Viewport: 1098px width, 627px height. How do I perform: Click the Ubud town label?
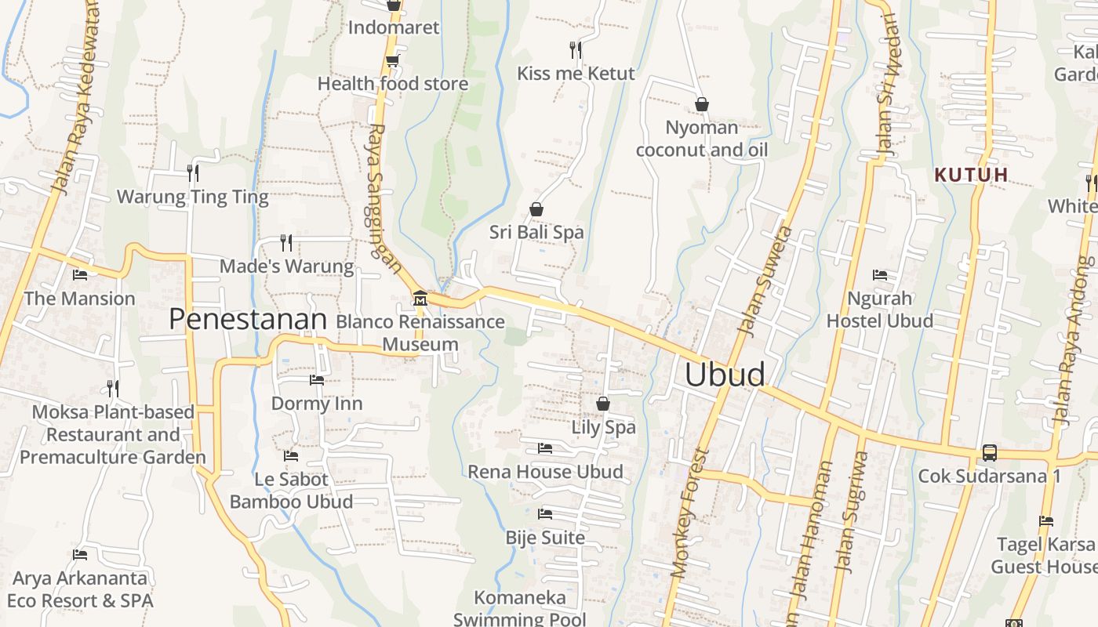[724, 375]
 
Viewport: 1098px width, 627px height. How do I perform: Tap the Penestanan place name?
[247, 320]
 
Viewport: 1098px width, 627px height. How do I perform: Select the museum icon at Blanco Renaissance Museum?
[420, 299]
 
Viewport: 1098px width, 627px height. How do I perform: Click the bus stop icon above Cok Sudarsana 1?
[989, 453]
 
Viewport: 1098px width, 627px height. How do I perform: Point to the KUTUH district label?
[971, 175]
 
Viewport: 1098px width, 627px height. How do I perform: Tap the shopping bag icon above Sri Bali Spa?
[536, 209]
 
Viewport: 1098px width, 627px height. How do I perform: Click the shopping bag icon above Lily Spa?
[602, 404]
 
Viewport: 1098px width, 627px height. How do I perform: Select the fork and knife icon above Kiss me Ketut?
[576, 50]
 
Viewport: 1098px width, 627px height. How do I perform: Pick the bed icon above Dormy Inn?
[316, 380]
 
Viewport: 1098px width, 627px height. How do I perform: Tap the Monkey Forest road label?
[689, 513]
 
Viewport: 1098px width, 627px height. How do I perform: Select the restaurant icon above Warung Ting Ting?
[192, 173]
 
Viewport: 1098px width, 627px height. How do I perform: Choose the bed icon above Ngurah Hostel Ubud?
[880, 275]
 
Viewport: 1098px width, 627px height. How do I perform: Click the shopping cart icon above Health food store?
[392, 60]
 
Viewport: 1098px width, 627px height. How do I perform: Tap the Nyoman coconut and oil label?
[701, 139]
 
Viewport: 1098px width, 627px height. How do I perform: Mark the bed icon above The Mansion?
[79, 275]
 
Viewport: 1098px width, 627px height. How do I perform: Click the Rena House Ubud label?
[545, 472]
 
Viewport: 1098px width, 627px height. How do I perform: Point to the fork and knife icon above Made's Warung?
[286, 243]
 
